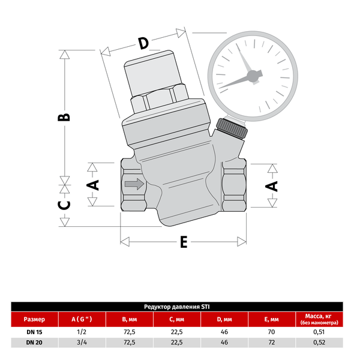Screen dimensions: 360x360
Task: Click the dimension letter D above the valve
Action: point(143,43)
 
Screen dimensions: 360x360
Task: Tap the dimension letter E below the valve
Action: point(184,242)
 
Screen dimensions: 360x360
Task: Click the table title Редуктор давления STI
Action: point(180,306)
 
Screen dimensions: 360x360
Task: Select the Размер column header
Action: point(34,319)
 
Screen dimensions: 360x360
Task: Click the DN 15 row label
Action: point(34,332)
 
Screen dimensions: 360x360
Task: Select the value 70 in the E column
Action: point(271,332)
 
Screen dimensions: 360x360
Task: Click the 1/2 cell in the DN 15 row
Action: point(82,332)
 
